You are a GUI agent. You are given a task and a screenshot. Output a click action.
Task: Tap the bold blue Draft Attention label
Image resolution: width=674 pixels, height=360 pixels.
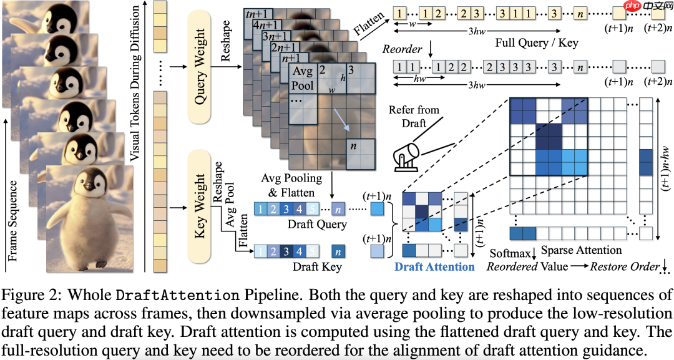click(434, 266)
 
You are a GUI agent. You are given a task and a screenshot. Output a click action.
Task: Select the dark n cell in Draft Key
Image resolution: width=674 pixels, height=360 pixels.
click(338, 251)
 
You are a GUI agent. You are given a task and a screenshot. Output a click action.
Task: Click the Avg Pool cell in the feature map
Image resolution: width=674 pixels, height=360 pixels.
click(303, 79)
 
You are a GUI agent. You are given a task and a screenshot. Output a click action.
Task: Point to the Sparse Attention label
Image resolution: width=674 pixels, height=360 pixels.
click(580, 250)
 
